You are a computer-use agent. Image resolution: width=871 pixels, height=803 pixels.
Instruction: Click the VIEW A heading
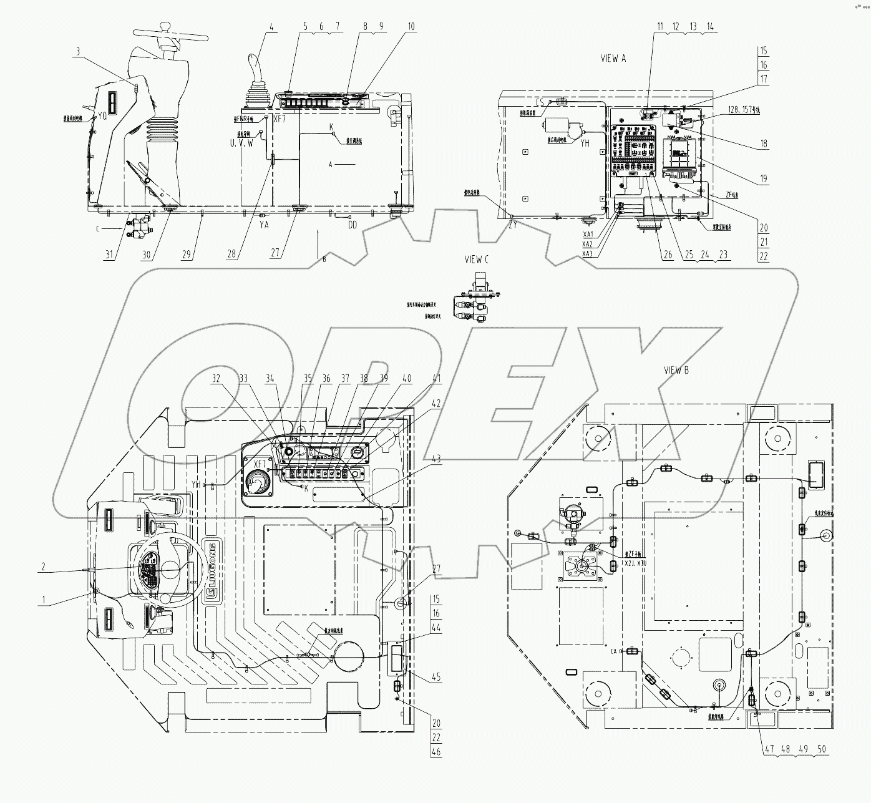[613, 58]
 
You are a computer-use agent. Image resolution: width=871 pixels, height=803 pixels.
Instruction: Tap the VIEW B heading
[676, 370]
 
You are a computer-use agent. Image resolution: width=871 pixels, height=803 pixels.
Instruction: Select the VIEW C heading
[477, 260]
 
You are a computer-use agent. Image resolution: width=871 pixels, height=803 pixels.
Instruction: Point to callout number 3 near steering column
[78, 53]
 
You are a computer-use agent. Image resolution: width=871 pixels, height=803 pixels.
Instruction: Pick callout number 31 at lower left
[110, 253]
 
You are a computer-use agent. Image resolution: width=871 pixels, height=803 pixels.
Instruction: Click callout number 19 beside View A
[764, 179]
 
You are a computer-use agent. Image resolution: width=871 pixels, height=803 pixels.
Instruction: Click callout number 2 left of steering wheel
[43, 567]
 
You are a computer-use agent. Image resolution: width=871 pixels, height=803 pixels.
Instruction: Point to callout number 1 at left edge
[43, 600]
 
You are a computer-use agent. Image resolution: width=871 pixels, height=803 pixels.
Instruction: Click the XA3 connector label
[587, 254]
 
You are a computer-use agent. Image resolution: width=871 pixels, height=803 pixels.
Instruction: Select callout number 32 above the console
[217, 378]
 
